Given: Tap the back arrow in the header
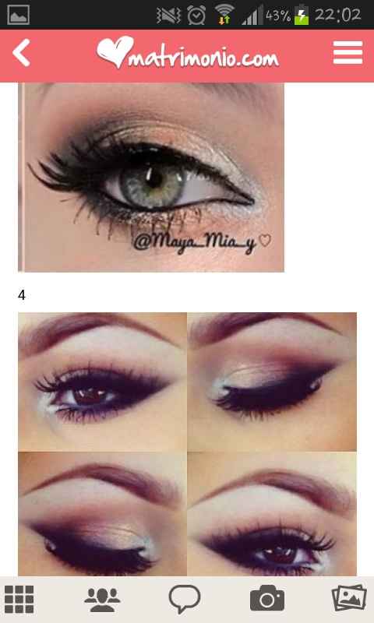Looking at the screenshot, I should click(22, 54).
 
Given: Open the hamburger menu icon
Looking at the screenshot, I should click(348, 53).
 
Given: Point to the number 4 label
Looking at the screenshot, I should click(22, 295).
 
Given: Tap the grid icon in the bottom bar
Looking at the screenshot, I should click(19, 598).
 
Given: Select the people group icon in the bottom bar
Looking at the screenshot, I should click(102, 598).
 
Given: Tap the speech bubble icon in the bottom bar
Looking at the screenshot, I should click(185, 599).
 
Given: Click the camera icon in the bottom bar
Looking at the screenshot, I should click(266, 598).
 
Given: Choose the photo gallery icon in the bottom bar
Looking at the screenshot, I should click(348, 598).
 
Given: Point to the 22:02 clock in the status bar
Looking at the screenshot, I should click(338, 14).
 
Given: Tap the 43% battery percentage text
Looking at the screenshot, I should click(277, 15).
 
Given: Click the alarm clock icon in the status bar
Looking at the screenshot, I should click(196, 14).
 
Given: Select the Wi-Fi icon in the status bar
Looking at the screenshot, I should click(225, 14).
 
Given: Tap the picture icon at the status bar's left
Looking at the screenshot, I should click(18, 14).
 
